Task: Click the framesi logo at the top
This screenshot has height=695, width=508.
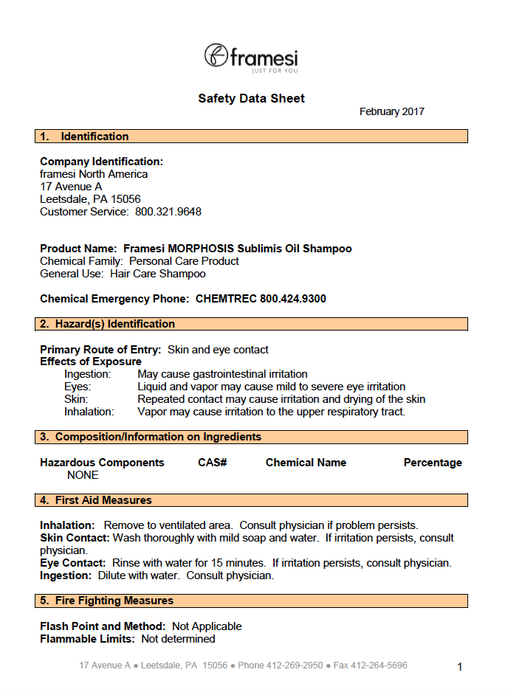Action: [x=251, y=58]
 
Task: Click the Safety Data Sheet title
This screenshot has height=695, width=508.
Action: [x=251, y=98]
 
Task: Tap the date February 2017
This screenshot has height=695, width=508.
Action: [x=391, y=112]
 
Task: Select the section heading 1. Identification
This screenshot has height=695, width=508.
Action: [x=84, y=136]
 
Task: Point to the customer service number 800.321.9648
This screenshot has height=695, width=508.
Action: [x=168, y=212]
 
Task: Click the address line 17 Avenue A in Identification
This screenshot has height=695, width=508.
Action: [x=71, y=187]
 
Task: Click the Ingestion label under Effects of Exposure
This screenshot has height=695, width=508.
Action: [x=87, y=374]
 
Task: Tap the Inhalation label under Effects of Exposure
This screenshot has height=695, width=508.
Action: [x=89, y=412]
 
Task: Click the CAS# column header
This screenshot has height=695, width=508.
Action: [x=212, y=463]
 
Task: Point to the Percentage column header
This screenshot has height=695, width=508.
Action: [x=433, y=463]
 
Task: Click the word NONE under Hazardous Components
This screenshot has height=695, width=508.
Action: [x=83, y=475]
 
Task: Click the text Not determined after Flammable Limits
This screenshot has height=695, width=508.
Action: [x=178, y=639]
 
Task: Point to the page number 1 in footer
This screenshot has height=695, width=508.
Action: [x=459, y=667]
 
